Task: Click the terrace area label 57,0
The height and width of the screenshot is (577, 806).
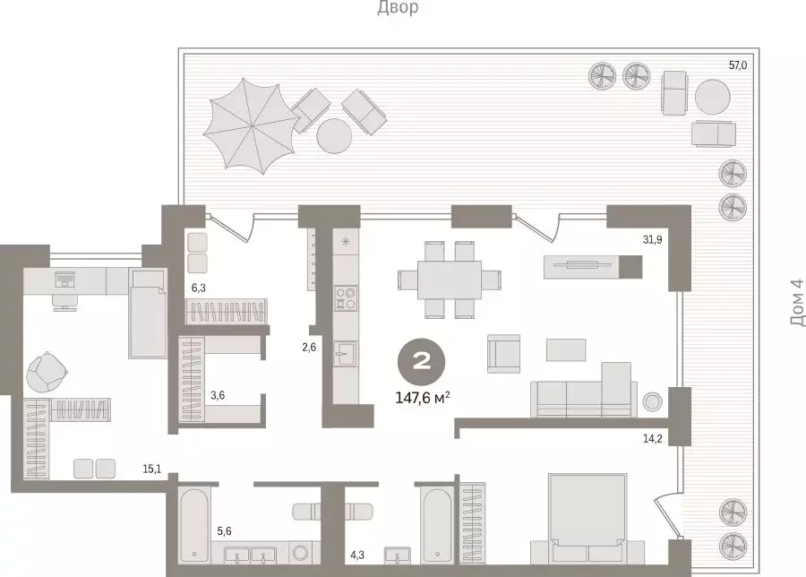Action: pos(738,65)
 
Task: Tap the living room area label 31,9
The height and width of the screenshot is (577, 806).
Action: pos(652,239)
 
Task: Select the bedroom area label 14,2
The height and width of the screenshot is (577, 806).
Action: pos(652,439)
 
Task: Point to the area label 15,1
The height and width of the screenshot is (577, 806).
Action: pos(151,469)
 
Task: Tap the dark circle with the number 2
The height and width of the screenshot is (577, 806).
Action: pos(421,363)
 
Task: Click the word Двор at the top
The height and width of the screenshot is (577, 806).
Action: pos(398,8)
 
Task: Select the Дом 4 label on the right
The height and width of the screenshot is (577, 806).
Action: pos(797,309)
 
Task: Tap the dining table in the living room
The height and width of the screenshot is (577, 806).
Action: pos(450,280)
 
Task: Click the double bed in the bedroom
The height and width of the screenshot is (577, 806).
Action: pos(587,518)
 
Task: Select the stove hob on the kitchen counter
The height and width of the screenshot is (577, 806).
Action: pos(345,298)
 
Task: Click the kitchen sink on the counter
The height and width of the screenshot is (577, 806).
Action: pos(345,354)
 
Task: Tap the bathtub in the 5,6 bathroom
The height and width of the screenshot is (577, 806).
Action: pos(194,525)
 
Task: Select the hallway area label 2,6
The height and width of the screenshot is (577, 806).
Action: pos(309,347)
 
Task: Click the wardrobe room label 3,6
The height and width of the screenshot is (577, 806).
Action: pos(218,395)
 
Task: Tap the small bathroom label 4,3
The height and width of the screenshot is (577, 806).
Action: pos(357,555)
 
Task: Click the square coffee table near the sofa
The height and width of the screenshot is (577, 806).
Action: pos(566,350)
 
